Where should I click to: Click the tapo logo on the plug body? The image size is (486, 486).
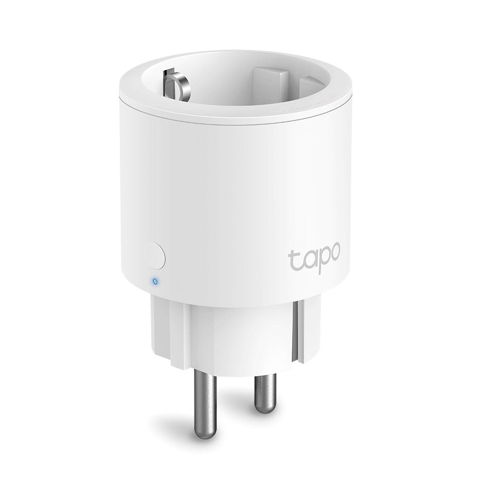[315, 257]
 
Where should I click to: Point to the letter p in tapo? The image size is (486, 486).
[322, 260]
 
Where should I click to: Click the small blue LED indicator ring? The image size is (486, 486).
[155, 280]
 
